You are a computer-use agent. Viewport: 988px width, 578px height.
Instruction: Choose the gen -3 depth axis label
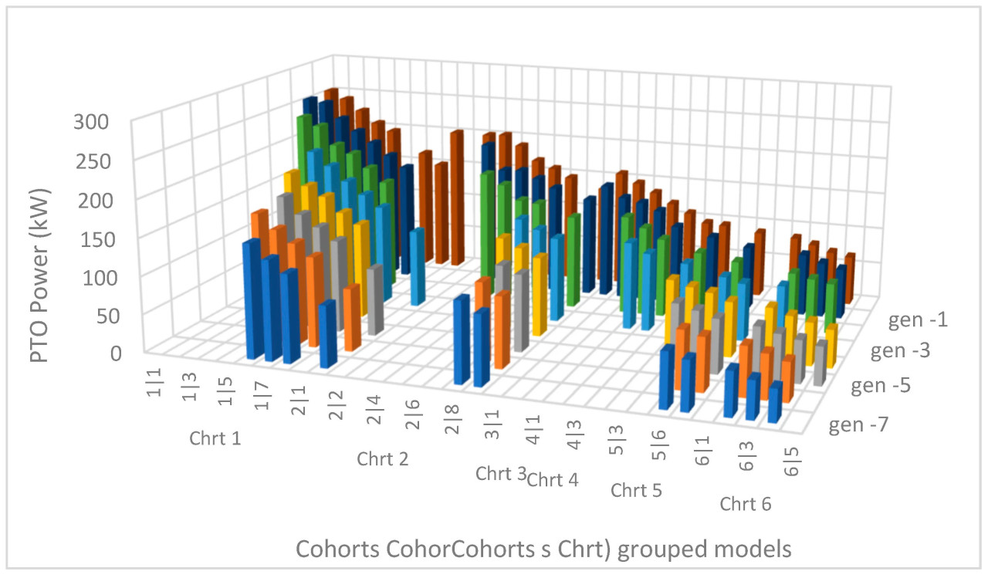(900, 352)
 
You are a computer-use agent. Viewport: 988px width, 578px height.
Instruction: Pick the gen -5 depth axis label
(881, 386)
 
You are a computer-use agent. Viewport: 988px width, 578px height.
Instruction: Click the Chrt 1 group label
(215, 440)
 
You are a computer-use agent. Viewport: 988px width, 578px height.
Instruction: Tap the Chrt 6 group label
(746, 505)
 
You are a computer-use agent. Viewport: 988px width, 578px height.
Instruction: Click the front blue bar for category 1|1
(252, 301)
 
